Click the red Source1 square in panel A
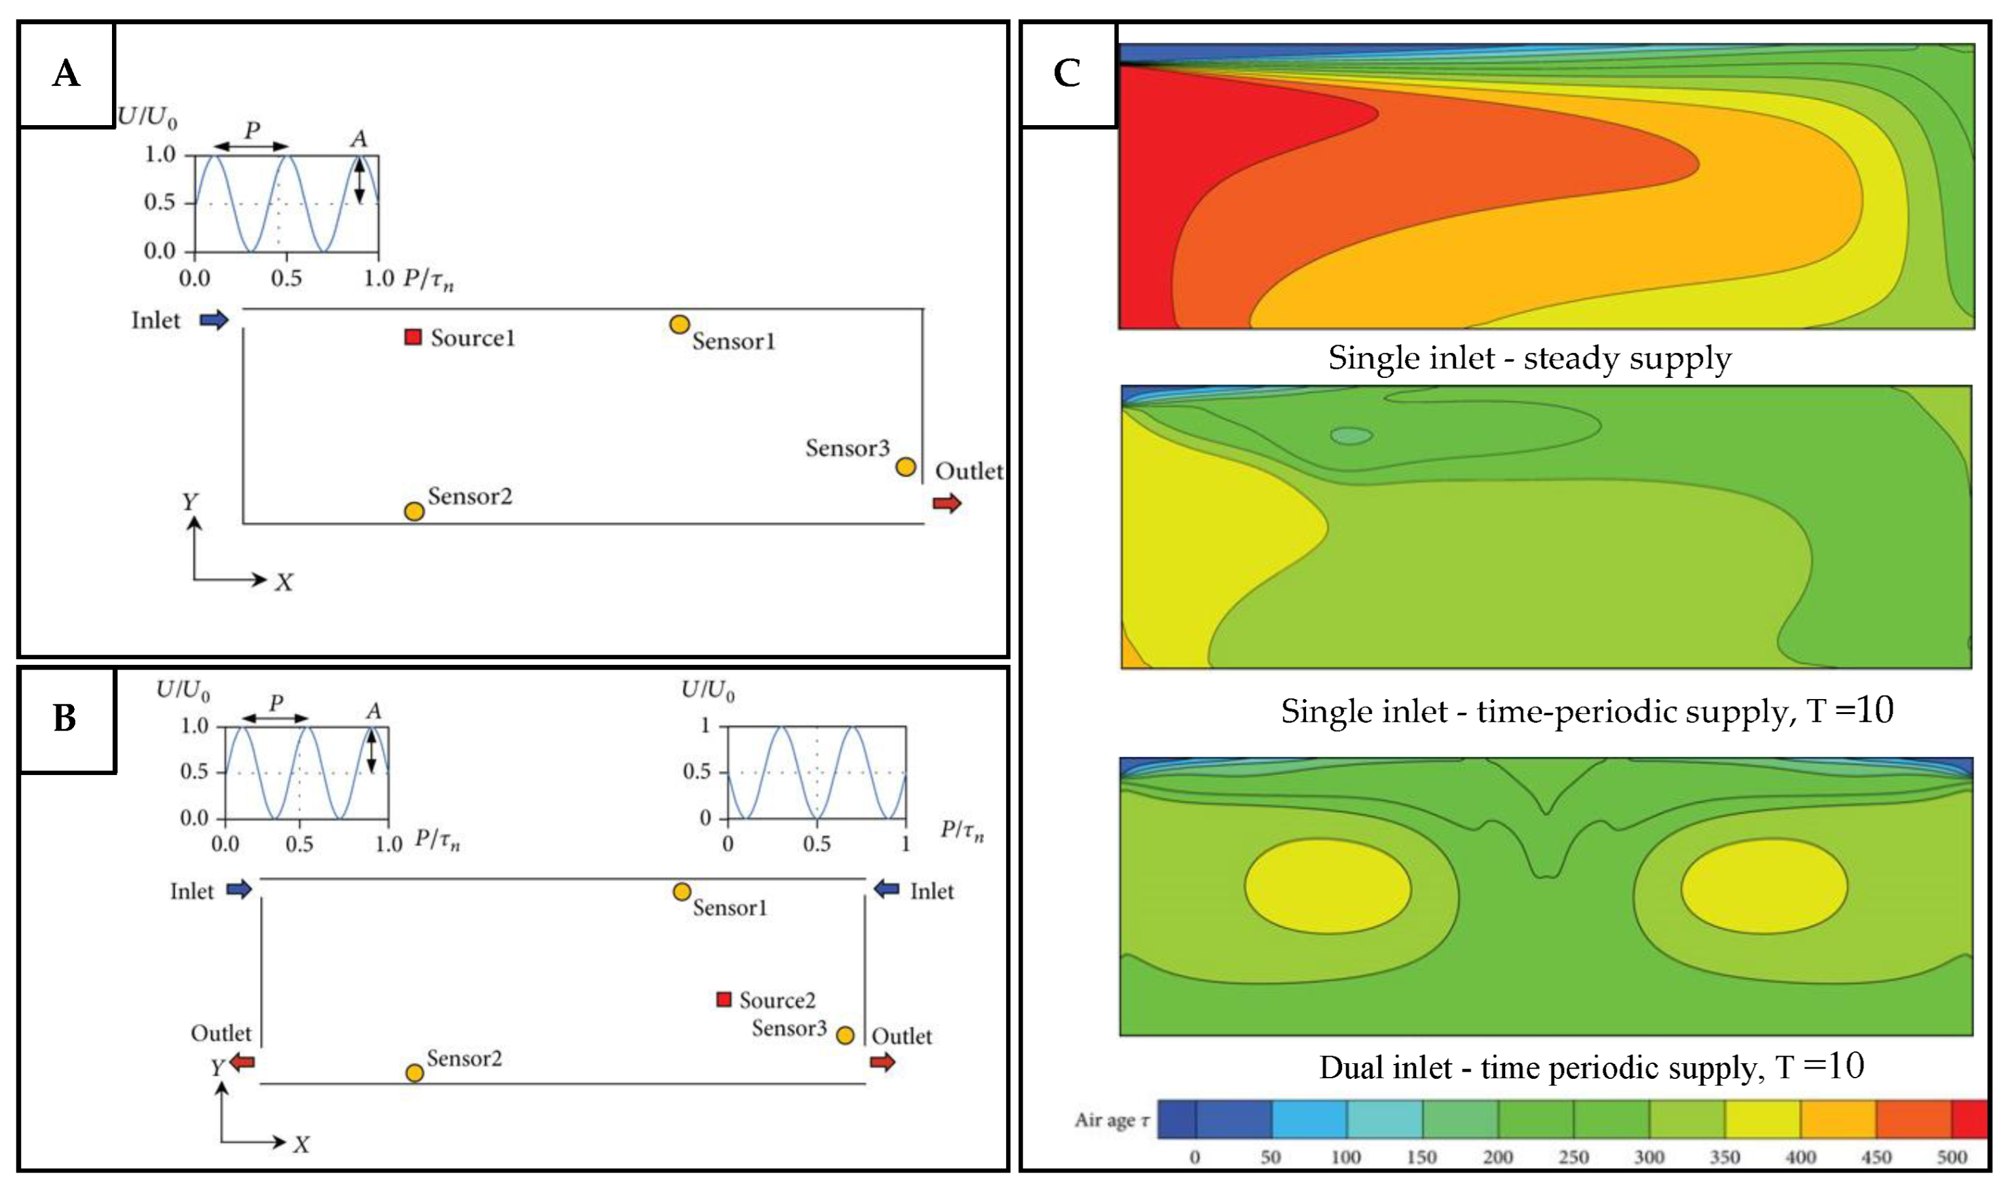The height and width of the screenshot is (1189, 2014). coord(413,337)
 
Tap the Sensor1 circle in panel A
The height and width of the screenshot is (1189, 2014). coord(679,324)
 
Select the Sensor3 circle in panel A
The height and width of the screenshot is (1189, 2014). coord(906,466)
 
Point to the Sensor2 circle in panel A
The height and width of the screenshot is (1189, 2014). coord(414,511)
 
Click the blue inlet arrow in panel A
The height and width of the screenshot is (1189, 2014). coord(214,320)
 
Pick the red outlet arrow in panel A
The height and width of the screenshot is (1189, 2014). coord(946,503)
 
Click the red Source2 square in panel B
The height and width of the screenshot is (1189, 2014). coord(724,999)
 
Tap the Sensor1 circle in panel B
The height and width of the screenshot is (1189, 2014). coord(681,892)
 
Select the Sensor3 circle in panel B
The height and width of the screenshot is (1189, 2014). coord(845,1035)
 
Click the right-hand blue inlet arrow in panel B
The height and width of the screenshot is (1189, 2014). coord(886,888)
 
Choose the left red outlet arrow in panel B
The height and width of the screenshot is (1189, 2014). coord(242,1063)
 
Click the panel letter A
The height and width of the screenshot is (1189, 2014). coord(66,74)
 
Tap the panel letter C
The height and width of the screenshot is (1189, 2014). coord(1068,74)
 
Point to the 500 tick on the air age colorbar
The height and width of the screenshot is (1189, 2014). coord(1952,1157)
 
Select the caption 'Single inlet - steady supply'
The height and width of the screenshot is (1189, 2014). coord(1529,358)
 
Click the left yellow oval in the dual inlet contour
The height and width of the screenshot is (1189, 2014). coord(1328,886)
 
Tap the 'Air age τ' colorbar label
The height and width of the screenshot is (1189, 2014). coord(1112,1120)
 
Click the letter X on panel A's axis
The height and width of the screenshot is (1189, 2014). coord(284,582)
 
